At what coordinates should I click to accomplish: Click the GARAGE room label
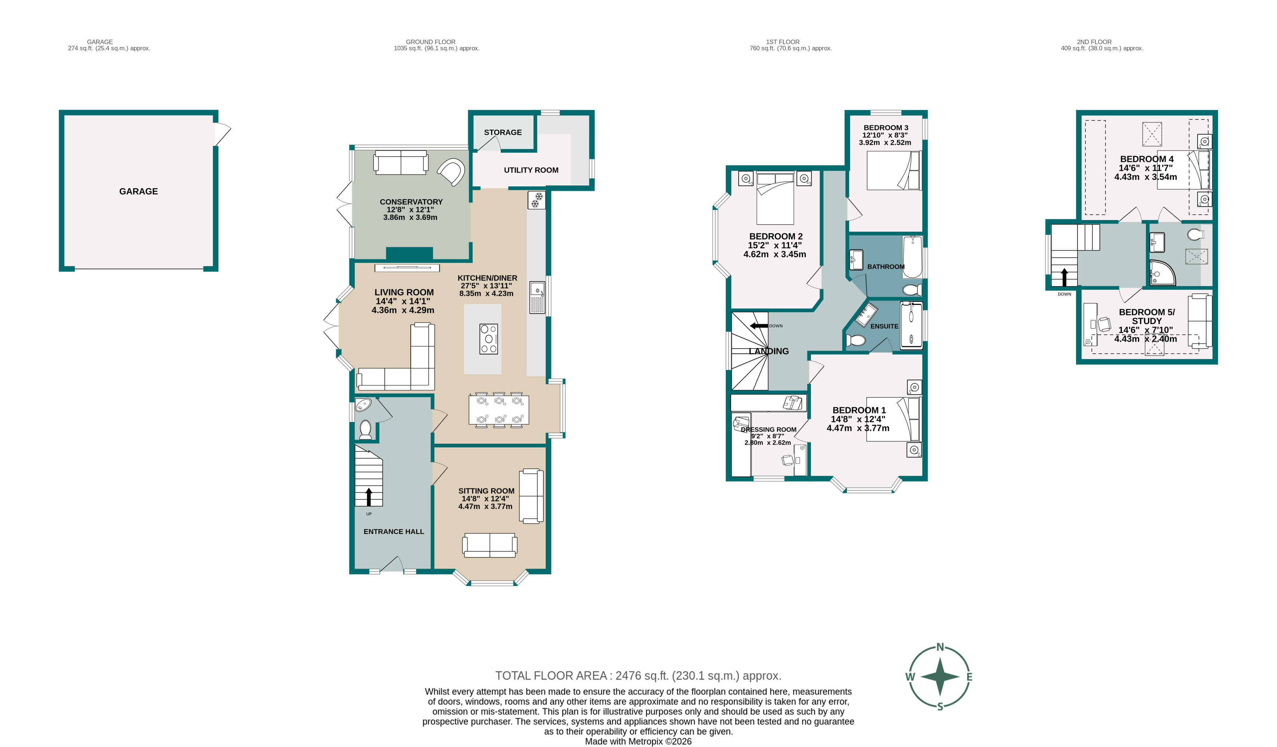click(x=138, y=192)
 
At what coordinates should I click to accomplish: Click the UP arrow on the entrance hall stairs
click(x=368, y=497)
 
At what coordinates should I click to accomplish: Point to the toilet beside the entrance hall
click(x=365, y=429)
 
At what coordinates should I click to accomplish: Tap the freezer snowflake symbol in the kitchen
click(x=536, y=200)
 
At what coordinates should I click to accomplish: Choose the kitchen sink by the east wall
click(x=537, y=298)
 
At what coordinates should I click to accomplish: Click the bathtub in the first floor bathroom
click(x=912, y=257)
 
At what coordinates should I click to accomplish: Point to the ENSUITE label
click(x=884, y=326)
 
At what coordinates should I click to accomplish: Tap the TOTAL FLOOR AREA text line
click(x=638, y=676)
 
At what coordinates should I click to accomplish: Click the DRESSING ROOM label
click(x=768, y=430)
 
